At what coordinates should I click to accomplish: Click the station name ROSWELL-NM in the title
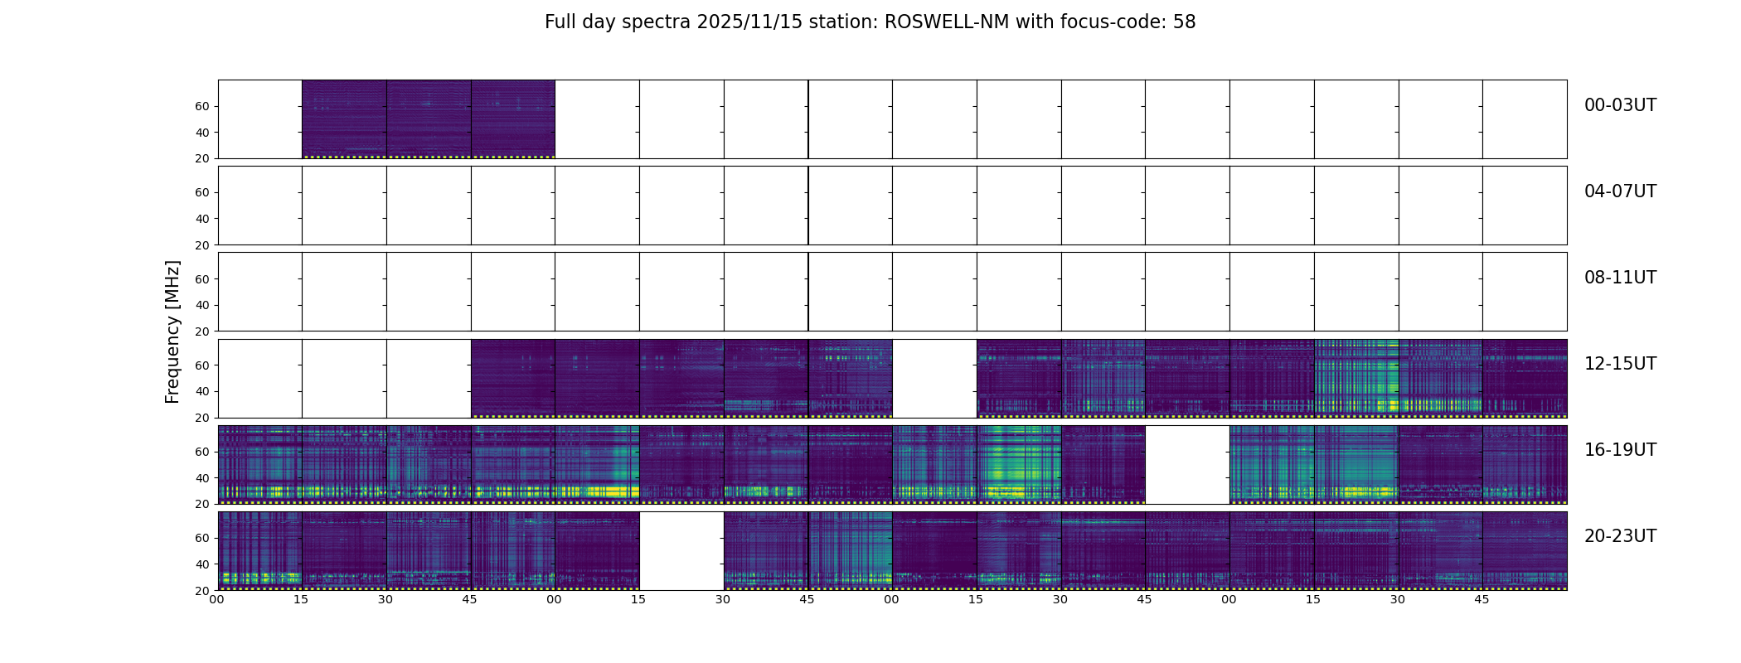pos(947,22)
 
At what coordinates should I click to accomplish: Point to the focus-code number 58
pos(1184,22)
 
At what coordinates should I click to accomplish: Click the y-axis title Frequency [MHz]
pos(172,331)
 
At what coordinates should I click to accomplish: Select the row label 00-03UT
pos(1620,105)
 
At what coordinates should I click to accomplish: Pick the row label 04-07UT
pos(1620,191)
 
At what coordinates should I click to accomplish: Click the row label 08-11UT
pos(1620,278)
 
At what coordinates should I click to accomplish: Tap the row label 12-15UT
pos(1620,364)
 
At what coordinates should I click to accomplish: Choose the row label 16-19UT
pos(1620,450)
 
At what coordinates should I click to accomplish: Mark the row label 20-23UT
pos(1620,536)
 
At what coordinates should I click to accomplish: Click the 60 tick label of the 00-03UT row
pos(201,106)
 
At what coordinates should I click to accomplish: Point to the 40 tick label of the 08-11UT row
pos(201,305)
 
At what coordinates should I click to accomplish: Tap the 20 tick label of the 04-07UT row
pos(201,245)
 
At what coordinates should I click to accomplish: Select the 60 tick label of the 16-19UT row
pos(201,452)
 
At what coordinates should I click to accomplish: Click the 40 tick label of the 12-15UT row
pos(201,391)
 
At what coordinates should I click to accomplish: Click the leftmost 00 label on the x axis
pos(216,599)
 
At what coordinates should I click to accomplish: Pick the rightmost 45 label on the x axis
pos(1482,599)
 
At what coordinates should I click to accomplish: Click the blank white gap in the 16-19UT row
pos(1187,465)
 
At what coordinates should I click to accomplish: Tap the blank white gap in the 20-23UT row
pos(681,551)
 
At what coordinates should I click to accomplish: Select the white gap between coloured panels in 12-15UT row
pos(934,379)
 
